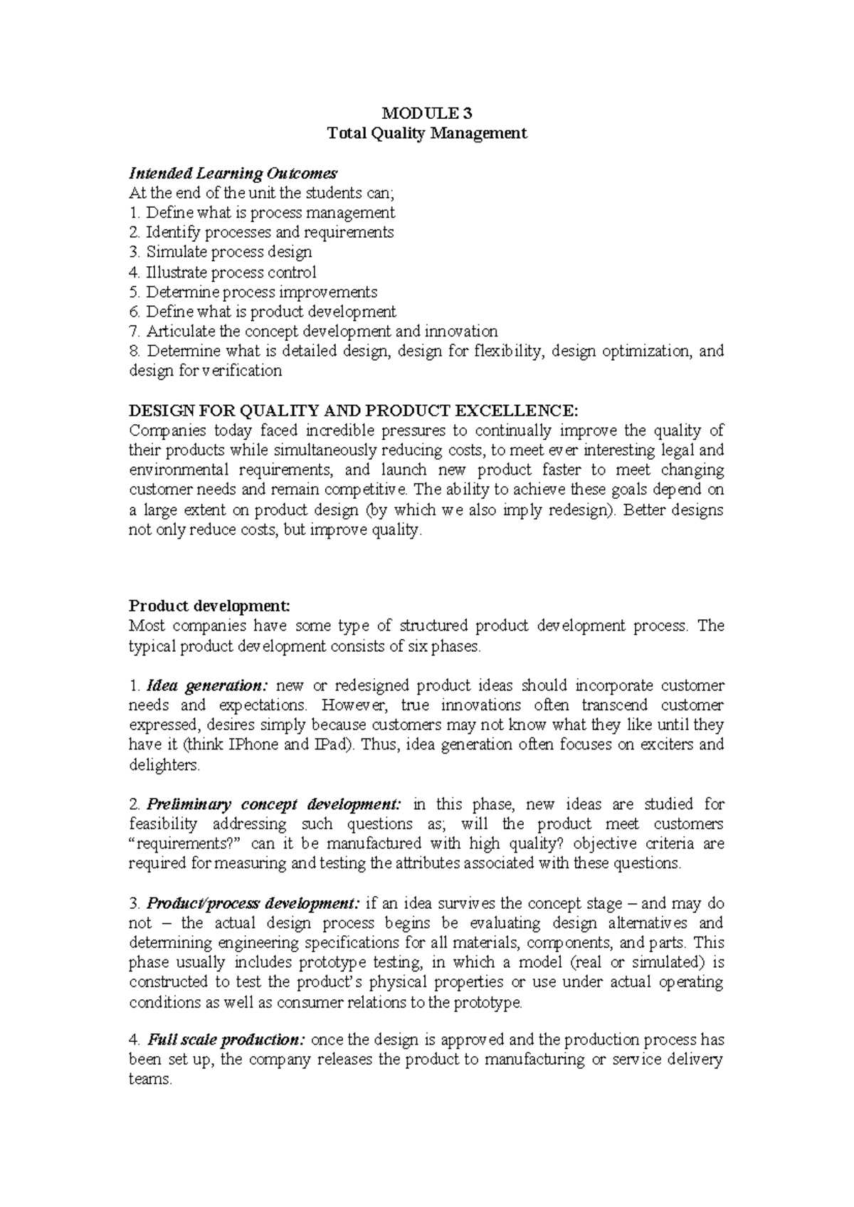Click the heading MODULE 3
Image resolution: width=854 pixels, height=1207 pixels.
pos(426,113)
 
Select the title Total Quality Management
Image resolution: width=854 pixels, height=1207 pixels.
pos(426,133)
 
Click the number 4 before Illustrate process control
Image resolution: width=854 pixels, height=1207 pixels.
pos(132,273)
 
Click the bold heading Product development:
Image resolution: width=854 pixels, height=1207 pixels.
pos(209,606)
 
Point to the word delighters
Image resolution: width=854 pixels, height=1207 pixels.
pos(164,766)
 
